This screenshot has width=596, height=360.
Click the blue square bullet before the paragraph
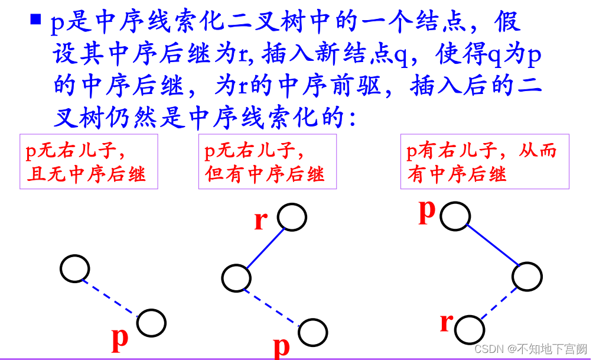coord(35,20)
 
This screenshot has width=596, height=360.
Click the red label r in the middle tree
coord(260,220)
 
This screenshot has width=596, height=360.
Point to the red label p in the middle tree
coord(281,345)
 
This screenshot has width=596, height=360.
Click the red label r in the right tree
coord(447,323)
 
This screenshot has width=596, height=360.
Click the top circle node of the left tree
coord(75,269)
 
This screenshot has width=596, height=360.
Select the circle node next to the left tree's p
coord(152,323)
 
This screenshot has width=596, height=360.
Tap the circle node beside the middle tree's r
coord(292,217)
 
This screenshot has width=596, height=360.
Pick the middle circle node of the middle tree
coord(236,277)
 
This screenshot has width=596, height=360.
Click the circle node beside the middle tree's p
coord(312,332)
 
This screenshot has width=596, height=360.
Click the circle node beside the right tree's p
coord(455,216)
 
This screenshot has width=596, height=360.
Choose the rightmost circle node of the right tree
coord(527,276)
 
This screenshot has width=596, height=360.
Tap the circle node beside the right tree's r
coord(470,330)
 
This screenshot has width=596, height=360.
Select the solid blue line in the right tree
coord(491,245)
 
